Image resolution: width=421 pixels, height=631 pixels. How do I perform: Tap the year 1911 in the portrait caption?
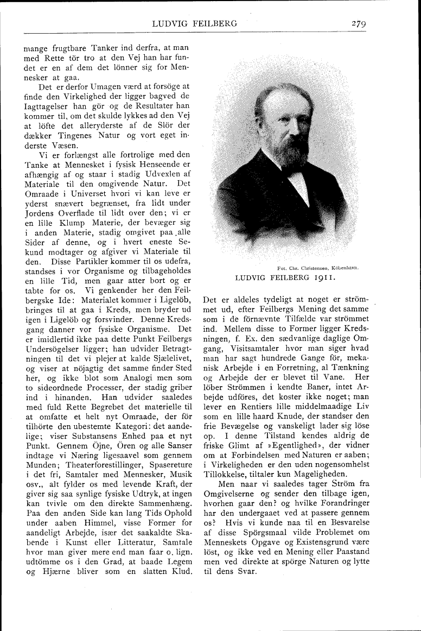(323, 278)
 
